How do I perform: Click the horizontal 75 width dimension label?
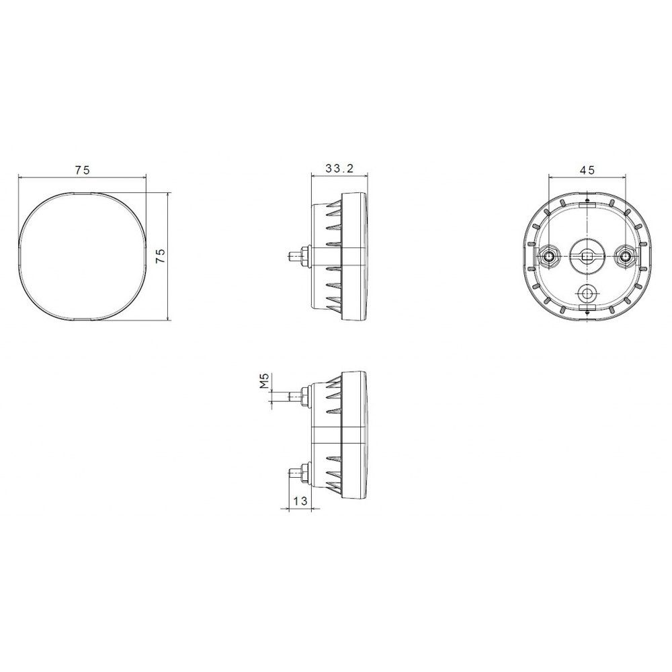click(x=82, y=170)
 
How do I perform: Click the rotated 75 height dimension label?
click(x=160, y=255)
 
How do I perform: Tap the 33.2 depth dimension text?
click(x=339, y=169)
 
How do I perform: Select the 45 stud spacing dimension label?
click(x=587, y=170)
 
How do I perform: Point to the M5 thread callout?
click(x=264, y=381)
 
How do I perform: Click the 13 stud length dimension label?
click(x=301, y=501)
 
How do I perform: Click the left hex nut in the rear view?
click(x=549, y=257)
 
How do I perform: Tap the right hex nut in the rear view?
click(x=626, y=257)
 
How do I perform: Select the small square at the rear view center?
click(x=587, y=257)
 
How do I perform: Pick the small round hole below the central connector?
click(x=587, y=294)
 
